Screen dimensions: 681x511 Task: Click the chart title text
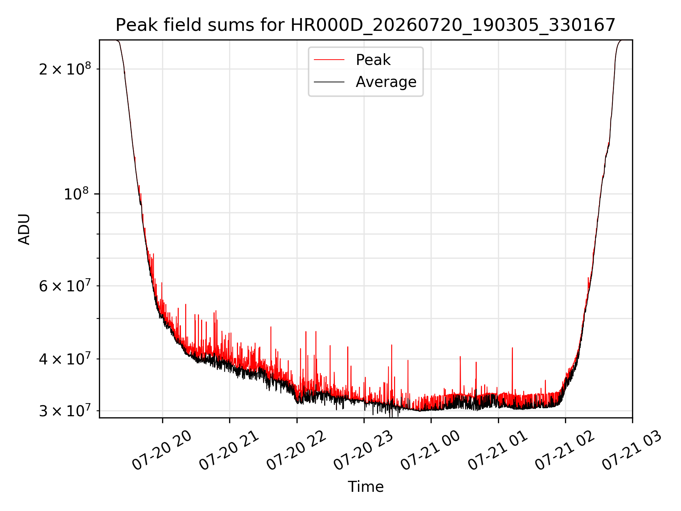[365, 25]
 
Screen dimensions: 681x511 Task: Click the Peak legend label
[373, 60]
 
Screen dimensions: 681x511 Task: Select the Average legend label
[386, 82]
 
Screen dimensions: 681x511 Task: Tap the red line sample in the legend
[329, 60]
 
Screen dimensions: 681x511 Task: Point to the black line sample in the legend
[329, 82]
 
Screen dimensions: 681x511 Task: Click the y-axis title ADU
[24, 229]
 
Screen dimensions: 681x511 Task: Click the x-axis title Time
[366, 487]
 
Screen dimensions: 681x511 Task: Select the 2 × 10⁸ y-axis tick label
[65, 68]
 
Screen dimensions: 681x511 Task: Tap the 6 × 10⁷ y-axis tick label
[65, 285]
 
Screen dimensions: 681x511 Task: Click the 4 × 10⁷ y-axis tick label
[65, 358]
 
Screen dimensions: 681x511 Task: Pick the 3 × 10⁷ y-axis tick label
[65, 410]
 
